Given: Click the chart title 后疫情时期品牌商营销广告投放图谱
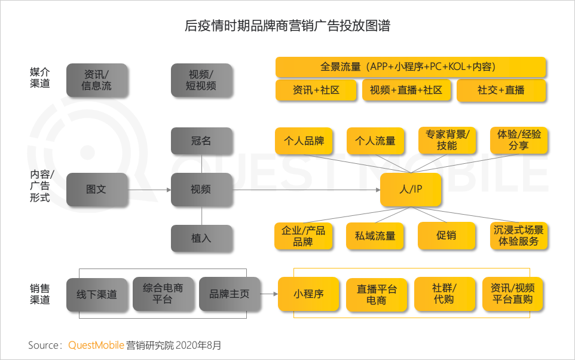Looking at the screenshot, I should [x=287, y=27].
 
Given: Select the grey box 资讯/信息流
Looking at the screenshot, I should [x=97, y=80].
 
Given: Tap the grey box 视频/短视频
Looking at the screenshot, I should [x=201, y=80].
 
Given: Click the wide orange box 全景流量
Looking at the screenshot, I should [x=411, y=67].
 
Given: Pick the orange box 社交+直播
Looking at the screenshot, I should [x=501, y=90].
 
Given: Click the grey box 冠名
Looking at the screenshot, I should [x=201, y=141].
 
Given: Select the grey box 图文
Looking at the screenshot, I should [x=97, y=190].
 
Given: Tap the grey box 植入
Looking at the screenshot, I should [x=201, y=238].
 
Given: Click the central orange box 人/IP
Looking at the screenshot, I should [x=411, y=190].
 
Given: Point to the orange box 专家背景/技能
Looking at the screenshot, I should [x=446, y=140].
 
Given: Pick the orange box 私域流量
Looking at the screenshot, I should [x=375, y=236].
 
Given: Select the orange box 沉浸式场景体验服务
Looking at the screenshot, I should [x=518, y=236].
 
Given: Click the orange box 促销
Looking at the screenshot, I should [x=446, y=236].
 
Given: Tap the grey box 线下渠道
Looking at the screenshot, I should [x=97, y=294].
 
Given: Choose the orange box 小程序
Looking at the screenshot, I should [x=308, y=294].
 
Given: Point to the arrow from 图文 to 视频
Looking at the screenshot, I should [x=149, y=190].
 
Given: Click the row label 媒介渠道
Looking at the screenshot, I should [x=40, y=78].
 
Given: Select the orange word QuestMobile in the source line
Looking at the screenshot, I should [x=96, y=345].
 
